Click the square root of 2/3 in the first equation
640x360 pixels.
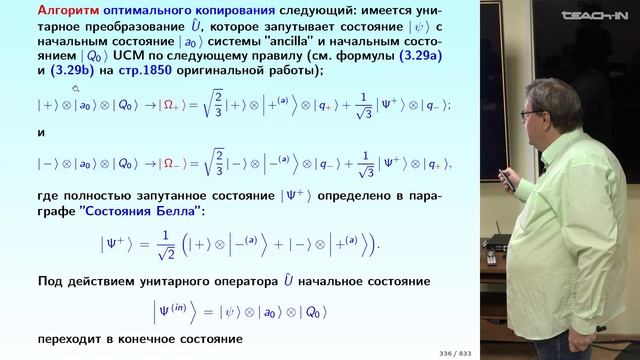[228, 103]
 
